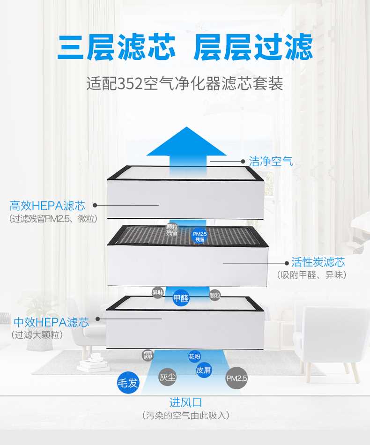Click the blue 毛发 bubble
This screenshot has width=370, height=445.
point(128,383)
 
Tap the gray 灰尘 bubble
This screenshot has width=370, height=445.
point(168,377)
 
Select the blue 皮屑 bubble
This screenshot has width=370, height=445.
point(204,370)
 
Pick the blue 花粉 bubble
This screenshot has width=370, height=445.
point(194,356)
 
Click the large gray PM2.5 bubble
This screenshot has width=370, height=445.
point(237,378)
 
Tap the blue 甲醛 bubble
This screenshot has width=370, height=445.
point(181,298)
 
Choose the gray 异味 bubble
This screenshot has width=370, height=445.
point(158,293)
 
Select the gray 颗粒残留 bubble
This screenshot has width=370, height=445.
point(172,230)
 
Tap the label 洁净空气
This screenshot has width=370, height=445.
point(271,162)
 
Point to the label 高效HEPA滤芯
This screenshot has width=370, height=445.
point(48,206)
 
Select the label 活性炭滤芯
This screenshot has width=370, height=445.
point(318,262)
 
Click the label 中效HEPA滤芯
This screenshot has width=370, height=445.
point(51,322)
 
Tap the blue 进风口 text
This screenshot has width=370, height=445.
point(185,402)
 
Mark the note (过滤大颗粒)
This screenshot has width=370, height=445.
point(37,335)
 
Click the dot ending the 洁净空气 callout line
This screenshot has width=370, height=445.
point(243,161)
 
